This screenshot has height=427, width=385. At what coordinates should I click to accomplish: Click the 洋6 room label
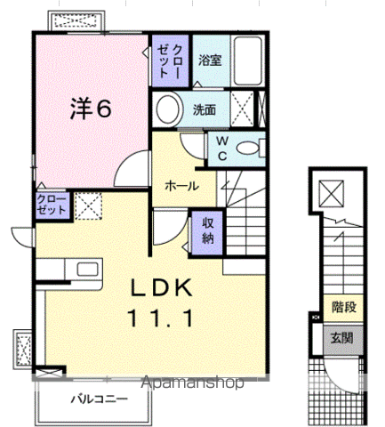[91, 108]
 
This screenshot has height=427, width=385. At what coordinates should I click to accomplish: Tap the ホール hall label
[181, 187]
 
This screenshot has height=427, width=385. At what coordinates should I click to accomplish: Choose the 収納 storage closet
[206, 230]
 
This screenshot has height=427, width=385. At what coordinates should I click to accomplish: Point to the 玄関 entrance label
[341, 338]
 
